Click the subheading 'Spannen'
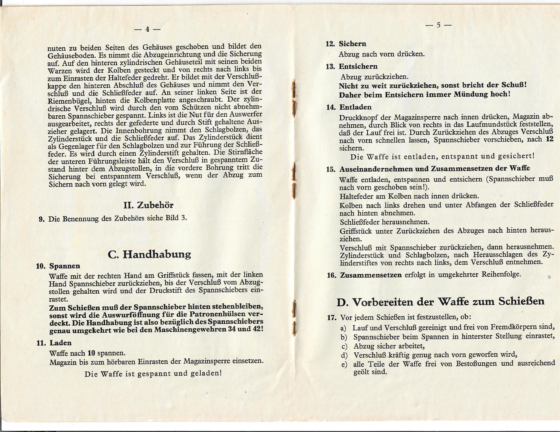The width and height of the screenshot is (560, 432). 65,266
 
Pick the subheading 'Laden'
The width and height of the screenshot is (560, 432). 61,343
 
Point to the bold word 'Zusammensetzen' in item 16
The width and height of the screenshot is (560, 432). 371,275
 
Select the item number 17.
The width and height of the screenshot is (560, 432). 332,318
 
